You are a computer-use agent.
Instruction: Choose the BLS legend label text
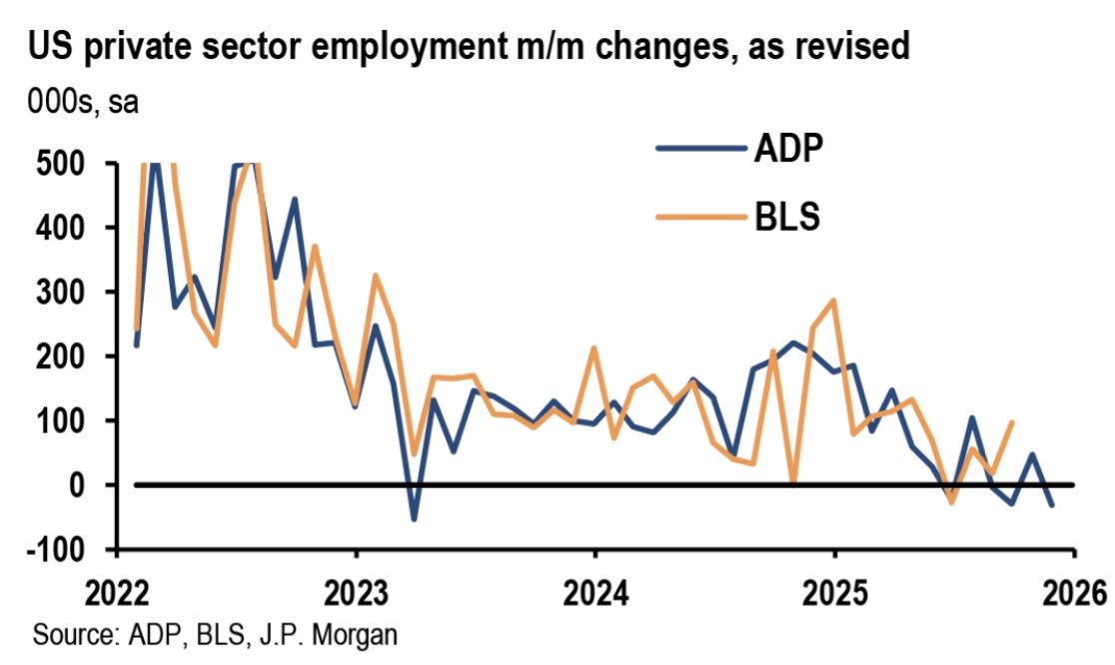pos(785,216)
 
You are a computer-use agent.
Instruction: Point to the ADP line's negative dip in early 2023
pos(414,519)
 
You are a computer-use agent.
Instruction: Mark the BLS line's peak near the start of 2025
pos(833,300)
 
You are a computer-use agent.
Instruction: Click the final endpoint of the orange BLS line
pos(1012,422)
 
